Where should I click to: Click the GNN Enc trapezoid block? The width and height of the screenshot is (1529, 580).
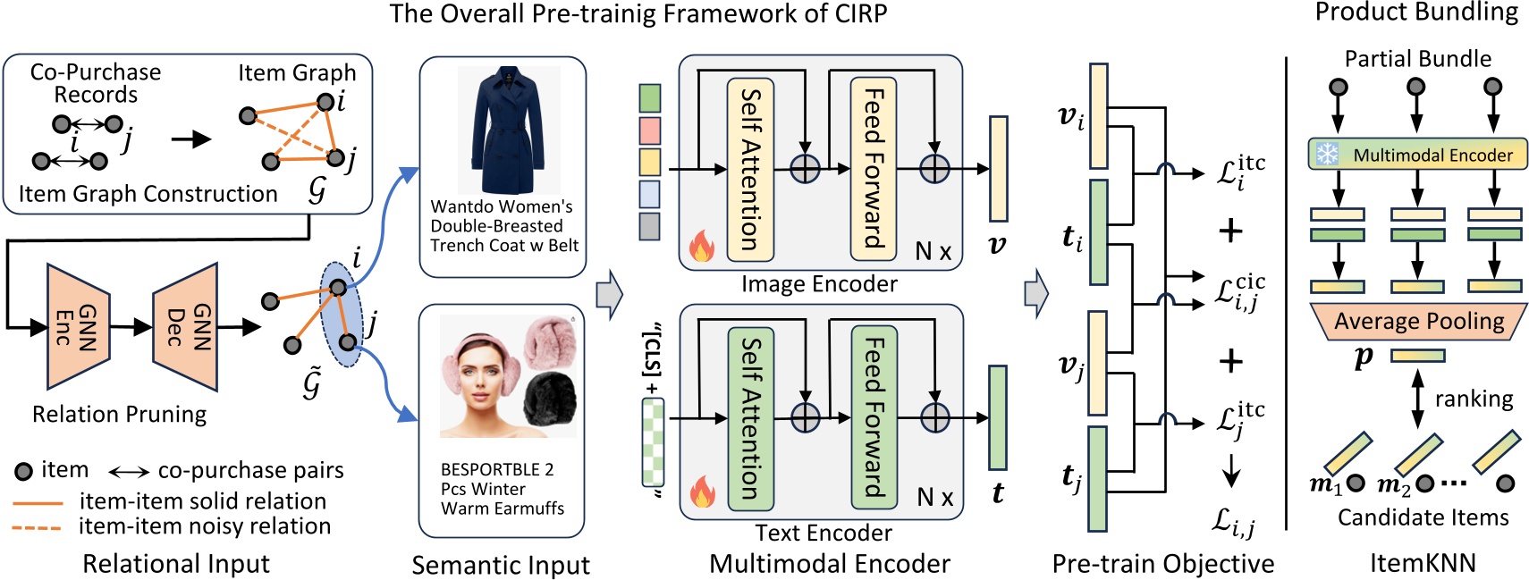78,326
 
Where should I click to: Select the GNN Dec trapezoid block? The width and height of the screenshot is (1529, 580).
186,326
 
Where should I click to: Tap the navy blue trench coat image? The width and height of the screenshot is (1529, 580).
508,130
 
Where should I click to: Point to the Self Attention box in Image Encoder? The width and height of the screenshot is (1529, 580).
750,169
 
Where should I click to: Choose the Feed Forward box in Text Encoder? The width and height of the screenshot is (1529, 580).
874,417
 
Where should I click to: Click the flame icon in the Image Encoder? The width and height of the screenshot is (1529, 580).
701,245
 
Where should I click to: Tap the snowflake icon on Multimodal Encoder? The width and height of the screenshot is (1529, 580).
1327,155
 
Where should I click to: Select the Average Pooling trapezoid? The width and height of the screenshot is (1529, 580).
1418,321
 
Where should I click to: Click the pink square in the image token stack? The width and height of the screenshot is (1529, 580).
650,130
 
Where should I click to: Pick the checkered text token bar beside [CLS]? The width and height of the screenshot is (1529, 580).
653,442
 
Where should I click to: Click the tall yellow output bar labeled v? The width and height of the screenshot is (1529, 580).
998,168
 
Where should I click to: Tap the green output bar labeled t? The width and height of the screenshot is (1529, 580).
997,417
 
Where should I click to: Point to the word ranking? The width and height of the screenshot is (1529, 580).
1473,399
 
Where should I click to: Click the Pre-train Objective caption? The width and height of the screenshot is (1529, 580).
1162,563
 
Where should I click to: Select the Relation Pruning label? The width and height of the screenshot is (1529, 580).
119,414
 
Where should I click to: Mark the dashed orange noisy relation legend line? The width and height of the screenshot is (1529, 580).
37,527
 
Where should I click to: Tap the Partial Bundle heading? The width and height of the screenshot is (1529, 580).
1417,59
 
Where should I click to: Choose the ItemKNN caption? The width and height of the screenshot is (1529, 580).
1423,562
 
